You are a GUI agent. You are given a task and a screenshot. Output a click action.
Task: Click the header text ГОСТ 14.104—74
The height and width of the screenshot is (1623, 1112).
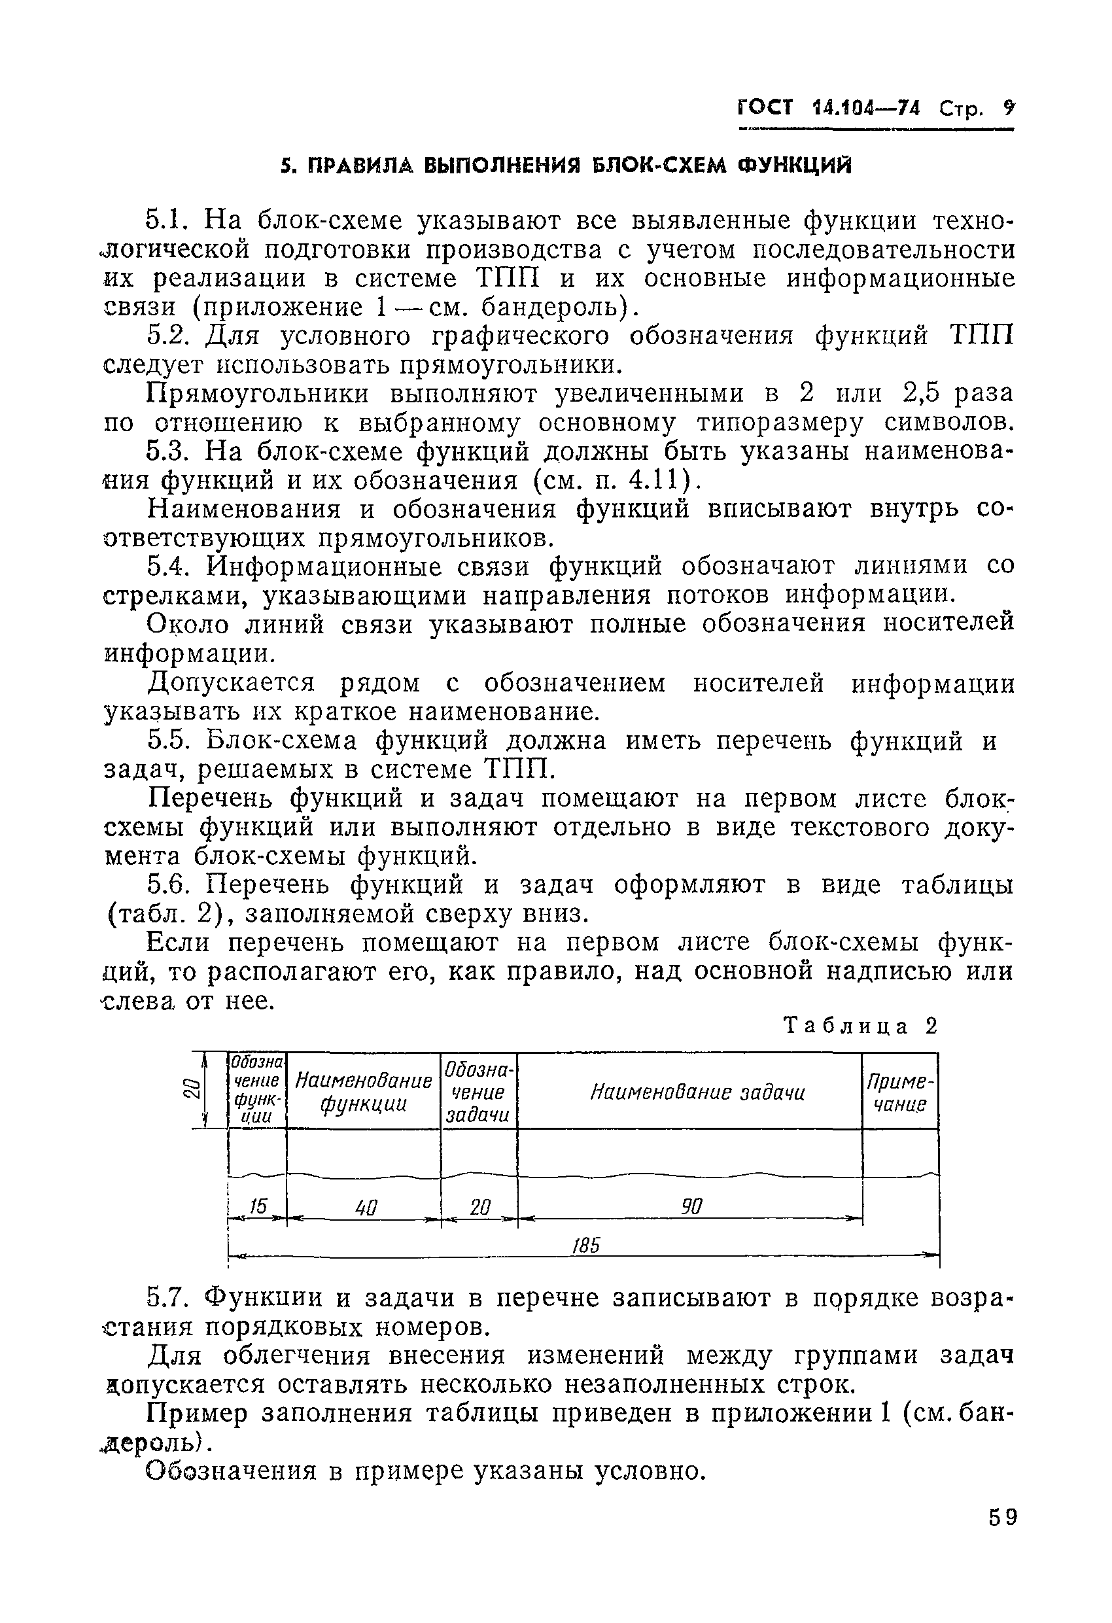[829, 108]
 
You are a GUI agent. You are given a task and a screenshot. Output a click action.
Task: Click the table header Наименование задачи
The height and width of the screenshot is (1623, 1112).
[697, 1092]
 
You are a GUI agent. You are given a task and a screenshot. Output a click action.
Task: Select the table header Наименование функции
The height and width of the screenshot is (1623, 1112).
[363, 1092]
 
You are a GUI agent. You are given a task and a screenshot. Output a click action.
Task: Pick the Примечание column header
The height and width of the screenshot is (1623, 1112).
[899, 1093]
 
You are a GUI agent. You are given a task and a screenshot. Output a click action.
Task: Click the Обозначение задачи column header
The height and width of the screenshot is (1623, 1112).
[478, 1092]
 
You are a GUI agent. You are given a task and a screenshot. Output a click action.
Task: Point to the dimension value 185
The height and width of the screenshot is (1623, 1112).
[586, 1245]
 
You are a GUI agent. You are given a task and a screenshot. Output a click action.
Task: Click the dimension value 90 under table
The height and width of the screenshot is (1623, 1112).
[691, 1206]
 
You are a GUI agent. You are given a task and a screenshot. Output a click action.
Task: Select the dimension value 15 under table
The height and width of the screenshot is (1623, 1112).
[258, 1206]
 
